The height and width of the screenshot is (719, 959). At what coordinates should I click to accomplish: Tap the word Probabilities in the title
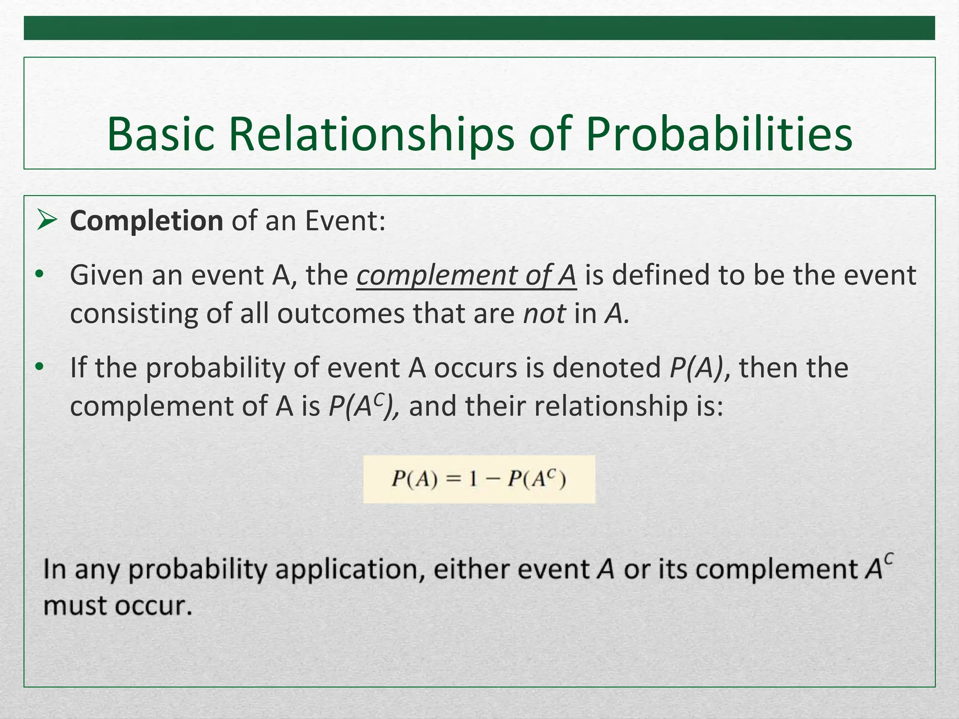click(719, 134)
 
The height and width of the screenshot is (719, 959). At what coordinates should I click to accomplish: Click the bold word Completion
click(146, 221)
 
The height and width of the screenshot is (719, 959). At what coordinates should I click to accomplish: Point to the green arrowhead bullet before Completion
click(47, 220)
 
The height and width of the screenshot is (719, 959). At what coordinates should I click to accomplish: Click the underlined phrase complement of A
click(466, 275)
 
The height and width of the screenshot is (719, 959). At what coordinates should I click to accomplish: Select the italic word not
click(544, 314)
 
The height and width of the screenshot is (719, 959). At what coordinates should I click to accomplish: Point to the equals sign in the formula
click(453, 479)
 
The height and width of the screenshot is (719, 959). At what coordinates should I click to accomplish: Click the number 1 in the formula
click(473, 479)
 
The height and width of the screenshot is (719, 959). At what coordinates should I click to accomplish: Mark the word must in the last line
click(75, 606)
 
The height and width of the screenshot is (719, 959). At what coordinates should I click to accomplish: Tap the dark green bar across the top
click(479, 28)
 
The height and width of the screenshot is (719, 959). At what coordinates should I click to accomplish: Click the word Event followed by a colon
click(345, 221)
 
